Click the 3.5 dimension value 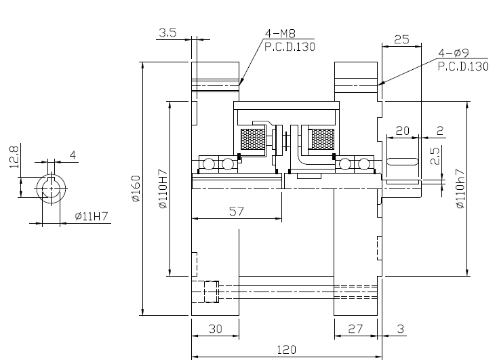coord(167,33)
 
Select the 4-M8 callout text coord(280,33)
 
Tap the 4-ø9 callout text coord(454,53)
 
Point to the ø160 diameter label coord(136,188)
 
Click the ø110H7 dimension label coord(163,189)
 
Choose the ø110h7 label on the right coord(460,189)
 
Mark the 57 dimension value coord(237,212)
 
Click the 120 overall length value coord(287,350)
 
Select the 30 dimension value coord(215,329)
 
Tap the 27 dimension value coord(355,329)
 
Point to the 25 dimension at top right coord(401,39)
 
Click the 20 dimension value coord(403,131)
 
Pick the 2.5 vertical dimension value coord(436,156)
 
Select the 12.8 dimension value coord(14,157)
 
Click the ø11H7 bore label coord(92,216)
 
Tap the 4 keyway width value coord(73,155)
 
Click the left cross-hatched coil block coord(252,139)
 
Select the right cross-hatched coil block coord(323,139)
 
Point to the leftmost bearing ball coord(209,164)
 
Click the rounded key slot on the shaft coord(403,161)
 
